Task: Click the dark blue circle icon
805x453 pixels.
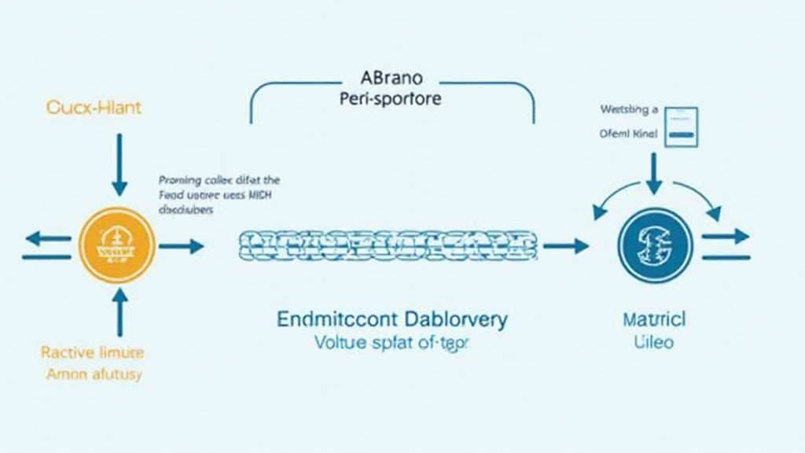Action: point(655,246)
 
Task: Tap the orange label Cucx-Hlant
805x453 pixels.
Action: point(94,107)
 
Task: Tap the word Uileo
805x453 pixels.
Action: point(653,343)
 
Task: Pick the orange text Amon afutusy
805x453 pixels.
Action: point(94,374)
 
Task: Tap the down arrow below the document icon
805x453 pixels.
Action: point(654,173)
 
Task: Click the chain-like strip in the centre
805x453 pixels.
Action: point(388,246)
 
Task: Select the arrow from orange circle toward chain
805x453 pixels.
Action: point(181,246)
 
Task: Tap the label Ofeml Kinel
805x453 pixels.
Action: point(628,134)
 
